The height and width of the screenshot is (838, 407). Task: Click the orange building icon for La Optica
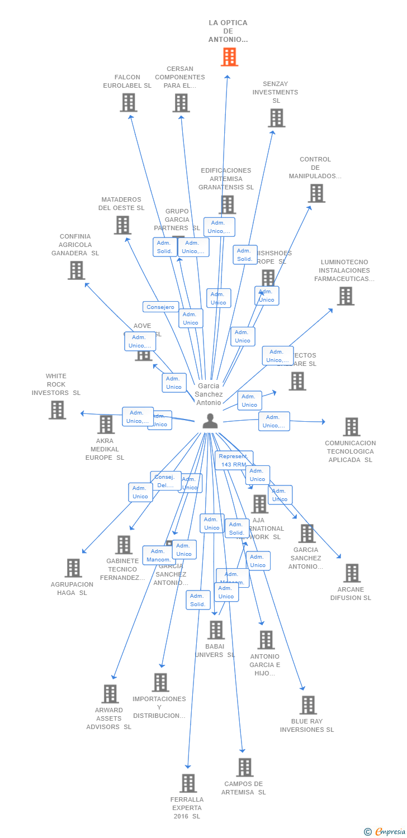pyautogui.click(x=229, y=57)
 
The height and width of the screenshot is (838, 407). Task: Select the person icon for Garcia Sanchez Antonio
pyautogui.click(x=210, y=421)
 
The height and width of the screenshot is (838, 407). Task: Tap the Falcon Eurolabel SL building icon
pyautogui.click(x=129, y=103)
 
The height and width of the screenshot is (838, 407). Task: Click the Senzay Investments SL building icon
pyautogui.click(x=276, y=118)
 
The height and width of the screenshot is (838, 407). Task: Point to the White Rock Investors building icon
pyautogui.click(x=57, y=410)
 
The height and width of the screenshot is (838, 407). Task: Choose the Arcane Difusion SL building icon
pyautogui.click(x=352, y=573)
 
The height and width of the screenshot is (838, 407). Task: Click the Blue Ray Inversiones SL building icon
pyautogui.click(x=308, y=705)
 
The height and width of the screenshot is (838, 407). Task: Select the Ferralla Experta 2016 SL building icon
pyautogui.click(x=188, y=783)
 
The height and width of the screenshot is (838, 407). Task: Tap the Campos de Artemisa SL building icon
pyautogui.click(x=244, y=768)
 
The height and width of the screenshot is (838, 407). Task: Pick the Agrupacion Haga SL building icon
pyautogui.click(x=73, y=568)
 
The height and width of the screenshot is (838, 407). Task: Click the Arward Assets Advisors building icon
pyautogui.click(x=110, y=694)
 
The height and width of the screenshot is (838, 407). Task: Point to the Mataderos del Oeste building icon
pyautogui.click(x=122, y=225)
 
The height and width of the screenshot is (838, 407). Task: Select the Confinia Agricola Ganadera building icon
pyautogui.click(x=76, y=270)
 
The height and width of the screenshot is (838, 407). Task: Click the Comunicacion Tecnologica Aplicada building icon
pyautogui.click(x=351, y=427)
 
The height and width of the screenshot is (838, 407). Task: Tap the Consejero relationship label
pyautogui.click(x=160, y=307)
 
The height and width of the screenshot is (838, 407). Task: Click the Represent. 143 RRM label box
pyautogui.click(x=234, y=460)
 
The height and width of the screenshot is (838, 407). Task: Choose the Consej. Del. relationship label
pyautogui.click(x=165, y=480)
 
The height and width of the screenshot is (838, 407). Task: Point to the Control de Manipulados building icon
pyautogui.click(x=316, y=193)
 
